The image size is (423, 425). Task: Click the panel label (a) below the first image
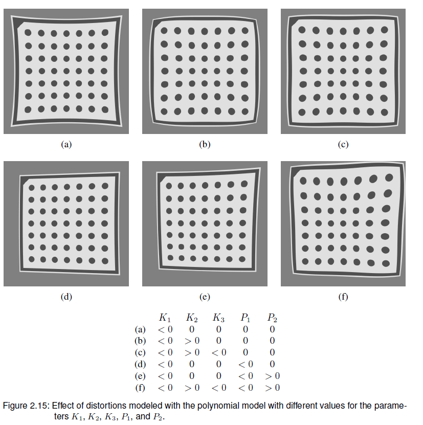pos(66,145)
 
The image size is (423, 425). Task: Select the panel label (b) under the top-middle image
pos(205,145)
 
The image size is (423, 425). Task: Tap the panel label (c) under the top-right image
pos(343,145)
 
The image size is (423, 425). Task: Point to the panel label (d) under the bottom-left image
pos(66,297)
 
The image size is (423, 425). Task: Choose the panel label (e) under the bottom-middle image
pos(205,297)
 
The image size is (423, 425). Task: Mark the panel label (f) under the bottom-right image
pos(343,297)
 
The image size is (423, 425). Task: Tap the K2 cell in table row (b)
pos(191,341)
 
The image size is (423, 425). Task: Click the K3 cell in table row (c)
pos(218,352)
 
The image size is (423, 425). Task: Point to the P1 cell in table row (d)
pos(245,364)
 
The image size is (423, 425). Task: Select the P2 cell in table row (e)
pos(272,376)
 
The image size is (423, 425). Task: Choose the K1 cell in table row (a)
pos(165,329)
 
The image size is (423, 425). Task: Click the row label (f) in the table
pos(139,388)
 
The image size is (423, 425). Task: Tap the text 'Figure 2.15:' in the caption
pos(26,406)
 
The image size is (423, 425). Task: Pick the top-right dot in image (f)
pos(389,177)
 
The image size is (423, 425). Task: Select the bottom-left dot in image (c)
pos(302,112)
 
